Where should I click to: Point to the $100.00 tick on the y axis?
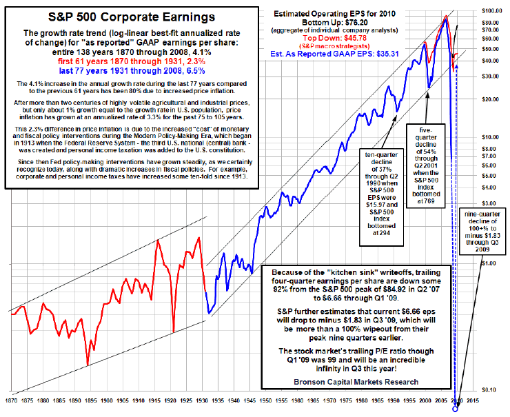[489, 10]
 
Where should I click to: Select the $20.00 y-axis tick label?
[489, 99]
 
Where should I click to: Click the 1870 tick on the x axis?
[12, 399]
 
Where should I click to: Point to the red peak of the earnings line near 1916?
[159, 239]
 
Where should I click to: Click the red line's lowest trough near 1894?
[87, 365]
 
